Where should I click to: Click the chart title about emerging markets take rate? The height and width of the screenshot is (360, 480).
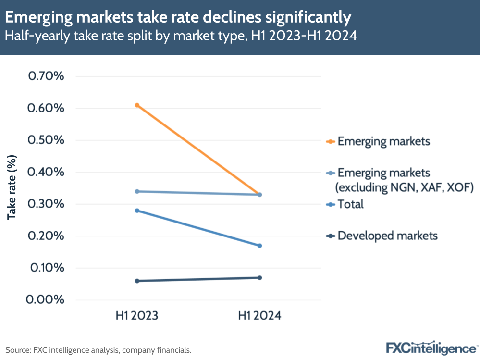click(x=178, y=18)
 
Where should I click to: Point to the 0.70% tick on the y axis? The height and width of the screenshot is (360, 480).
click(x=47, y=76)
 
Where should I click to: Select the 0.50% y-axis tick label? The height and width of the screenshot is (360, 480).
click(x=47, y=140)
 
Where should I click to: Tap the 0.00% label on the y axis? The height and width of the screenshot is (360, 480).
click(x=47, y=300)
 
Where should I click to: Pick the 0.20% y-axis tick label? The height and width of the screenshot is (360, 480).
click(x=47, y=236)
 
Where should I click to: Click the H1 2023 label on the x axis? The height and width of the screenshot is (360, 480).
click(x=137, y=316)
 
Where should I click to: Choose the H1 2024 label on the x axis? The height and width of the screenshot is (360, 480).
click(x=259, y=316)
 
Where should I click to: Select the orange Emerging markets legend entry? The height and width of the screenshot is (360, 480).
click(x=378, y=141)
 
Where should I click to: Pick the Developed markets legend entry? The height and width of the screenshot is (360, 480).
click(x=382, y=236)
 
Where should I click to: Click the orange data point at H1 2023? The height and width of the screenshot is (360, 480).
click(x=137, y=105)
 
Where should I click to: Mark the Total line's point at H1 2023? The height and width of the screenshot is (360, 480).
click(x=137, y=211)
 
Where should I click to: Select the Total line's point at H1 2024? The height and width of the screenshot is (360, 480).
click(x=259, y=246)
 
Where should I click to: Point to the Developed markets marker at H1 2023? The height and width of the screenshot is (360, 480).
click(x=137, y=281)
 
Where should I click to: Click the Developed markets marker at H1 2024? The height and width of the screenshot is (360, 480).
click(x=259, y=277)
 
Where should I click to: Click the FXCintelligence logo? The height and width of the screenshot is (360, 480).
click(x=431, y=348)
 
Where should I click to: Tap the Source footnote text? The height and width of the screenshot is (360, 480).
click(x=98, y=350)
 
